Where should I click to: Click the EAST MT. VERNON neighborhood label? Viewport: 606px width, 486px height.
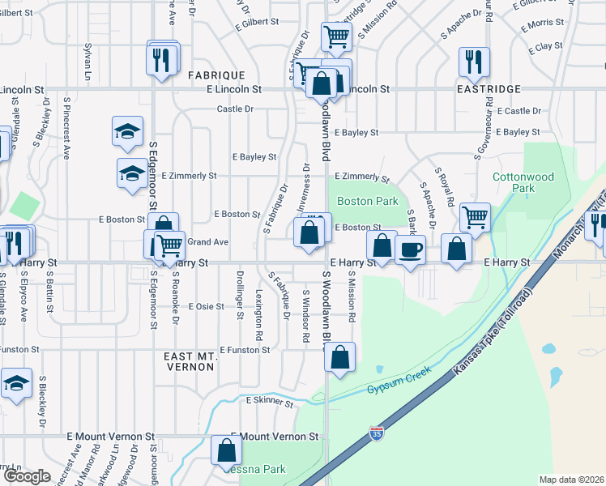[x=190, y=361]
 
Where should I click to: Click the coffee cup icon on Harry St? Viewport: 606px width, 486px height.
[x=411, y=249]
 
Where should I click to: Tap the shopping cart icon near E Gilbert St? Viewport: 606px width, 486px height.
[x=335, y=36]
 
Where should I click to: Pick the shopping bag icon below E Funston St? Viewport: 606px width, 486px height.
[x=341, y=356]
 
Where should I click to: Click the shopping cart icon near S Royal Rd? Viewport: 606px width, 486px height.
[x=474, y=216]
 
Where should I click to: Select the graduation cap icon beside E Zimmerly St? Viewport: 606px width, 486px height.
[x=132, y=173]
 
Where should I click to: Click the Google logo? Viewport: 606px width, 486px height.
[x=27, y=476]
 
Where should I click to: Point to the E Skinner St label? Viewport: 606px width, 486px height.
[x=269, y=400]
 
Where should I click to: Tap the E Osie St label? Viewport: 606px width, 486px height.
[x=206, y=307]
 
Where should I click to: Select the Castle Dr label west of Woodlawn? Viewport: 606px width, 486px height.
[x=235, y=109]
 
